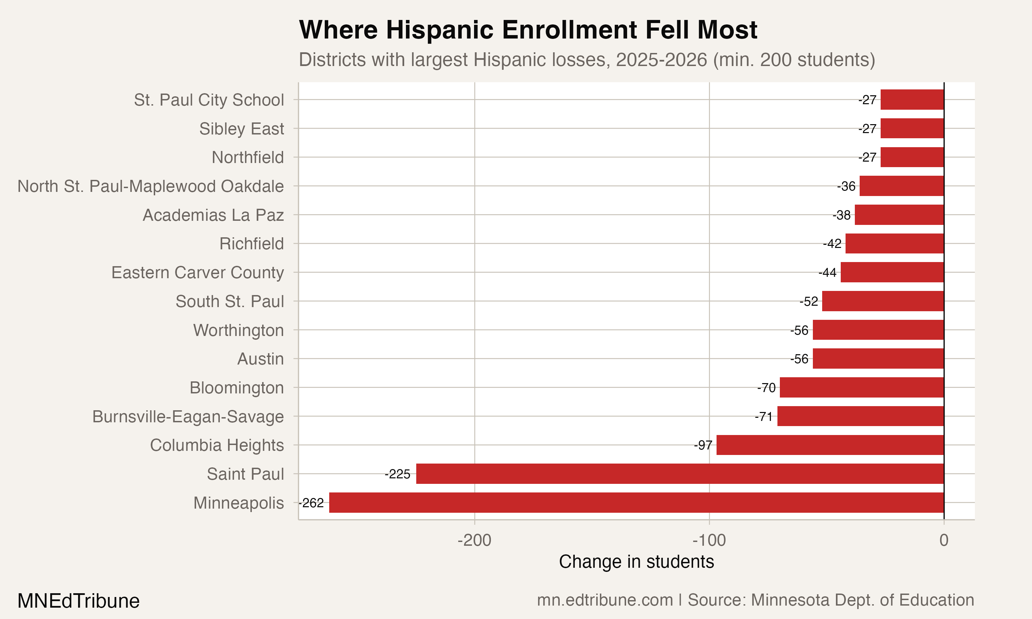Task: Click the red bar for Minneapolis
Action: (636, 503)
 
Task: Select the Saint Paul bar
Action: (680, 474)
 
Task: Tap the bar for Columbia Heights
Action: (830, 445)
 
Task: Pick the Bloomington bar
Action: (862, 388)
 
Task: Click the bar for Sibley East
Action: (912, 129)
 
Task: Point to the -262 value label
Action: (312, 503)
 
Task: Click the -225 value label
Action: (398, 474)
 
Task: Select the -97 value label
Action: (703, 445)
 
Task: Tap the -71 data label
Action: (764, 417)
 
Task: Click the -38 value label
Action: (842, 215)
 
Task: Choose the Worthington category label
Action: (239, 330)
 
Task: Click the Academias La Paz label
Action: (213, 215)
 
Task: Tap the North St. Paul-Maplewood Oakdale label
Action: (151, 186)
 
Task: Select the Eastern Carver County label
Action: (198, 273)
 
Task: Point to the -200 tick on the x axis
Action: (475, 541)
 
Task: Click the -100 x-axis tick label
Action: (709, 541)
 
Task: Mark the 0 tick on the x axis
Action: (944, 541)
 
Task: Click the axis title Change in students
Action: (636, 562)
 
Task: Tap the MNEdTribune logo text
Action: (78, 601)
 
